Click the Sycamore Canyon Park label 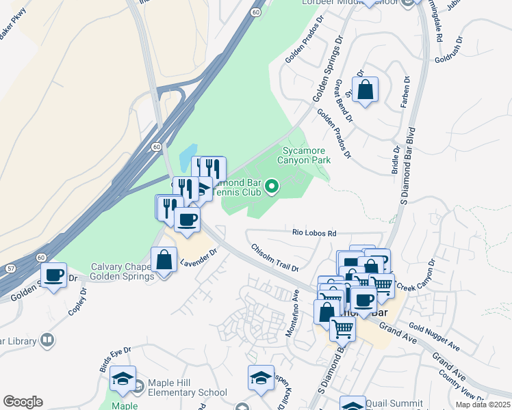(303, 155)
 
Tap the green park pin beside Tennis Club (272, 185)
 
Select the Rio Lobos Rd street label (314, 234)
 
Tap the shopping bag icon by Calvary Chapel (164, 260)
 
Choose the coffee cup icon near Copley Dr (53, 275)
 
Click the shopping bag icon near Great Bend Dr (366, 90)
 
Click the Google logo (23, 402)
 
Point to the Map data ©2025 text (483, 405)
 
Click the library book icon (47, 339)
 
